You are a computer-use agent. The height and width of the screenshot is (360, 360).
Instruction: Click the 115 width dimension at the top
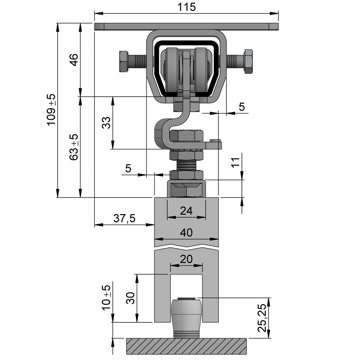tap(186, 7)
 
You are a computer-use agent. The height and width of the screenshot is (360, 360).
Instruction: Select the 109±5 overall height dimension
tap(51, 109)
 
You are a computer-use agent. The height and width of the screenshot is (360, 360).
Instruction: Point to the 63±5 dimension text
tap(74, 147)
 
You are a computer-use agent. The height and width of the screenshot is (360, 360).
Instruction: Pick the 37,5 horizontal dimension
tap(124, 219)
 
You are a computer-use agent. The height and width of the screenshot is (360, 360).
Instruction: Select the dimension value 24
tap(186, 211)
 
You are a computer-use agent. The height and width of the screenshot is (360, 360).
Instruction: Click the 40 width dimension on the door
tap(186, 233)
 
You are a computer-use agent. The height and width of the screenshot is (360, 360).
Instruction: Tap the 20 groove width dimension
tap(186, 259)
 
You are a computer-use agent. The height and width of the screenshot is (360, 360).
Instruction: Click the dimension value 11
tap(236, 162)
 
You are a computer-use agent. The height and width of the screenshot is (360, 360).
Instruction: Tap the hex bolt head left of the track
tap(123, 62)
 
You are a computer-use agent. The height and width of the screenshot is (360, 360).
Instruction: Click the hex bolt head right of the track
tap(249, 62)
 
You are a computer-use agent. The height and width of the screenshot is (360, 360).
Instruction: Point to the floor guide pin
tap(186, 315)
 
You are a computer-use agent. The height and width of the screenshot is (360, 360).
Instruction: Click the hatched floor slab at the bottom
tap(186, 346)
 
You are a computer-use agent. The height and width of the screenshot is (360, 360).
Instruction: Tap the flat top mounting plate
tap(186, 26)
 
